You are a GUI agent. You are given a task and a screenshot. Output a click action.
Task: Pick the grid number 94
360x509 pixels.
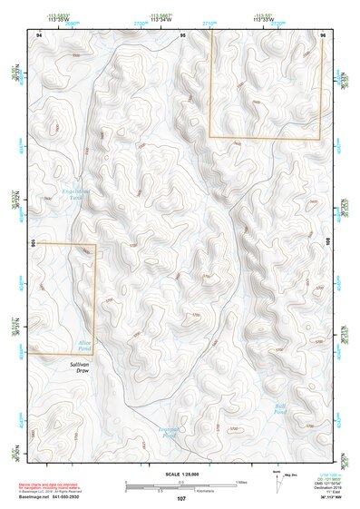click(39, 34)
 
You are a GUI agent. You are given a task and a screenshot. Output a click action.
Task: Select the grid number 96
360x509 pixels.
click(322, 34)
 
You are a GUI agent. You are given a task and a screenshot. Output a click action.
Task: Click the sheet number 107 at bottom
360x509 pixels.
click(181, 499)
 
